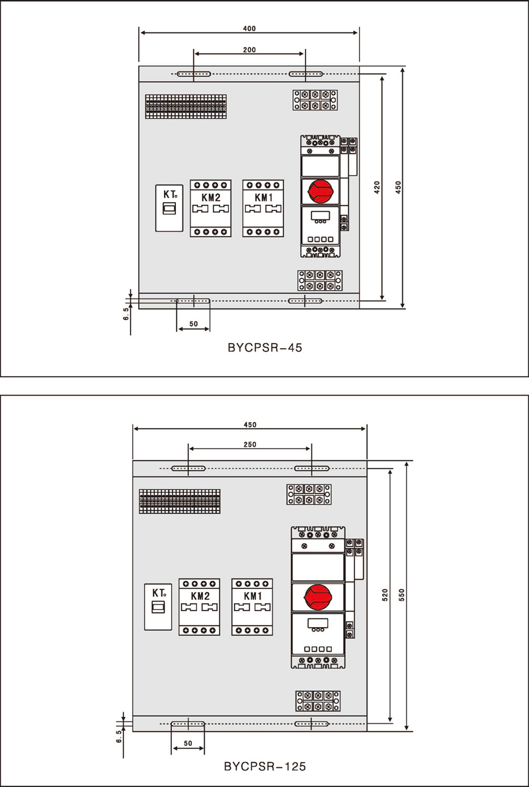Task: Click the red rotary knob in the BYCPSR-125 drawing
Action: pos(318,597)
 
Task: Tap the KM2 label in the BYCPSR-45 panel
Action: pos(210,197)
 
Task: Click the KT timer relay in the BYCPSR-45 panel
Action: pos(168,207)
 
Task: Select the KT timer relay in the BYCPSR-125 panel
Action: pos(158,608)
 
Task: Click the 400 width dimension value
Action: pos(249,28)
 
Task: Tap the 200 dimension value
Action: pos(249,50)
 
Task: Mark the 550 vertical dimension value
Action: pos(401,594)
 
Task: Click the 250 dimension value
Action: pos(250,445)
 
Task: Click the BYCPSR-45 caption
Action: pos(264,346)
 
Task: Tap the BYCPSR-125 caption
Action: pos(264,767)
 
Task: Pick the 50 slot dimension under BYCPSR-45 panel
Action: pos(193,324)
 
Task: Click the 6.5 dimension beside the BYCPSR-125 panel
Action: pos(118,736)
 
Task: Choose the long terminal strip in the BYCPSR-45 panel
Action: pos(186,106)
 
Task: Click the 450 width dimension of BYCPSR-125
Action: pos(250,424)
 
